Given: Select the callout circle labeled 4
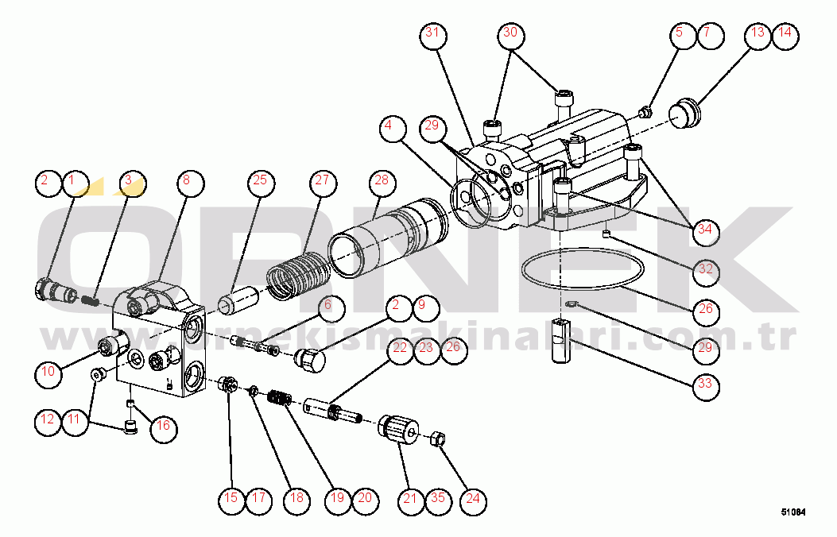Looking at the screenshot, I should tap(388, 127).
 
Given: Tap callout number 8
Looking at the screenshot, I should tap(185, 181).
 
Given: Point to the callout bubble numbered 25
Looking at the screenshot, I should tap(260, 181).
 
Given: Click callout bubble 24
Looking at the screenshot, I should tap(473, 499).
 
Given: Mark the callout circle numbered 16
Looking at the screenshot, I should tap(162, 426).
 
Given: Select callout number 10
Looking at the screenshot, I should tap(48, 371).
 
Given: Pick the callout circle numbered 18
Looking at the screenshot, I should tap(296, 499).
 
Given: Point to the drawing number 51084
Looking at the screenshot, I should tap(792, 513).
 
